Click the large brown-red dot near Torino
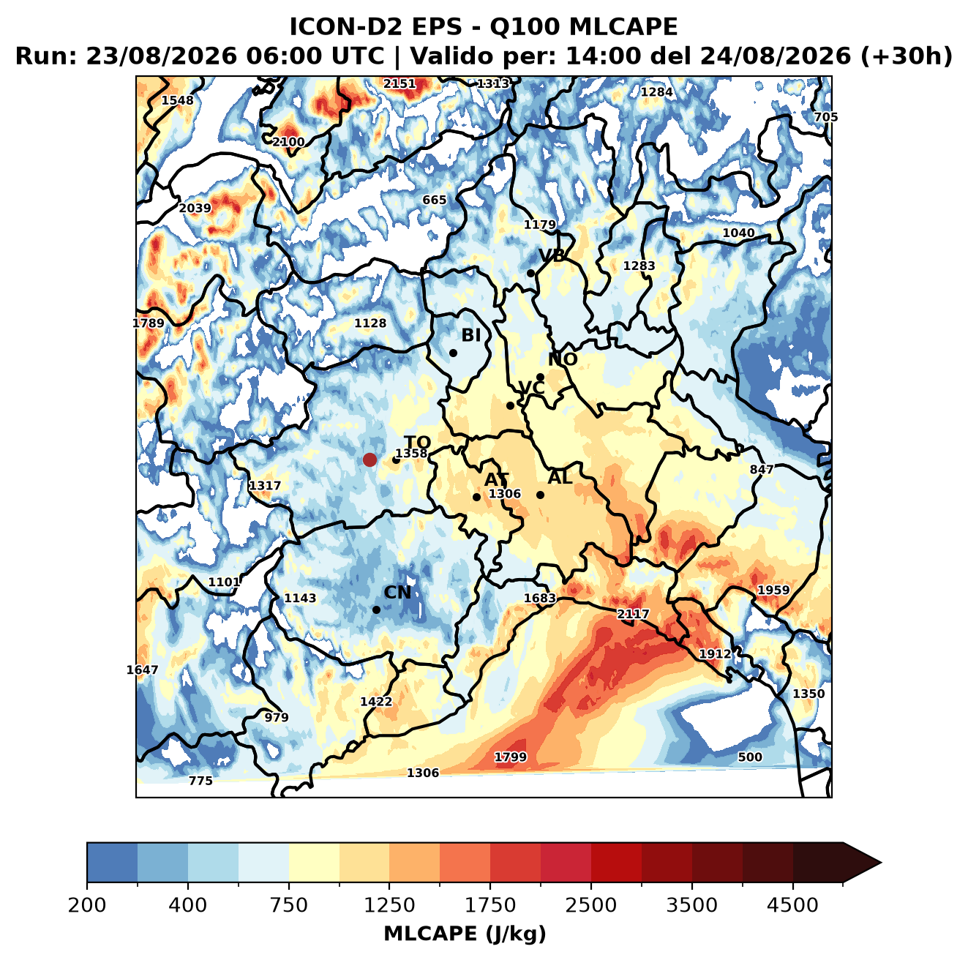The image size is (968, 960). tap(369, 460)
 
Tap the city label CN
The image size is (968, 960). tap(397, 593)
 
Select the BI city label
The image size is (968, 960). tap(471, 335)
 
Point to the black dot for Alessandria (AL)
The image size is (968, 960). tap(540, 495)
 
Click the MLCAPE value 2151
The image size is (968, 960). tap(399, 83)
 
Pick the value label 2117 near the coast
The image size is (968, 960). tap(633, 614)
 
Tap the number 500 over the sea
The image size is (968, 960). tap(750, 757)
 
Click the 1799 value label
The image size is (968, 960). tap(511, 757)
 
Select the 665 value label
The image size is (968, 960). tap(435, 200)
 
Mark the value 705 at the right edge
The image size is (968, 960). tap(826, 117)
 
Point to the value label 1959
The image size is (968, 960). tap(773, 590)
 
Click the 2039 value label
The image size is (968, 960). tap(195, 208)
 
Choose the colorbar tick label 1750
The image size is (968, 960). tap(490, 905)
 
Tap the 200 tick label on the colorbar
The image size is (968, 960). tap(87, 905)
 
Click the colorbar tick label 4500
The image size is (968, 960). tap(792, 905)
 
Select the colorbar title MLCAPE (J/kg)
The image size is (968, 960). tap(465, 934)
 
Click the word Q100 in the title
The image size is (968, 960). tap(525, 27)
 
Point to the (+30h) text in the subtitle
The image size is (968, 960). tap(907, 56)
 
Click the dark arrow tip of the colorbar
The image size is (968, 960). tap(880, 863)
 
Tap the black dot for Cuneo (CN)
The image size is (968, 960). tap(376, 610)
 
